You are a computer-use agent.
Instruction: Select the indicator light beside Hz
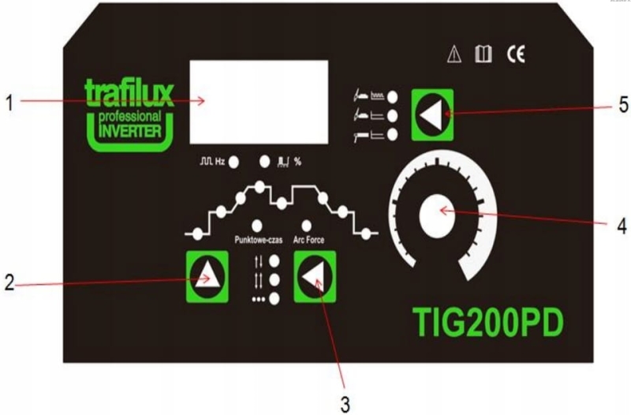(234, 162)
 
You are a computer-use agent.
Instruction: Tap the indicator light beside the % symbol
(265, 162)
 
